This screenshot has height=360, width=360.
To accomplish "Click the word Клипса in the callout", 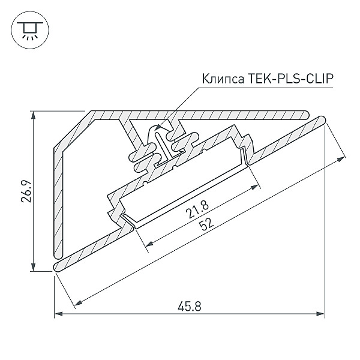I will [221, 79].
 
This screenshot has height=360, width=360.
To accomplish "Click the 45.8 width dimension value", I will [190, 305].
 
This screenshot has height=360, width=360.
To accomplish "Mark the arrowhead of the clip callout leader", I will [157, 127].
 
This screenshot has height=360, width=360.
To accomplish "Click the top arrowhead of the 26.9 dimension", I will [34, 114].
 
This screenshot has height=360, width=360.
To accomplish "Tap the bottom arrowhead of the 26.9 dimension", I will [34, 268].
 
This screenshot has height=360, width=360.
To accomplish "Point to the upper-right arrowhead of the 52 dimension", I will [343, 157].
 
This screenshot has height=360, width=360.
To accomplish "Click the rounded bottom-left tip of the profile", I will [56, 266].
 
